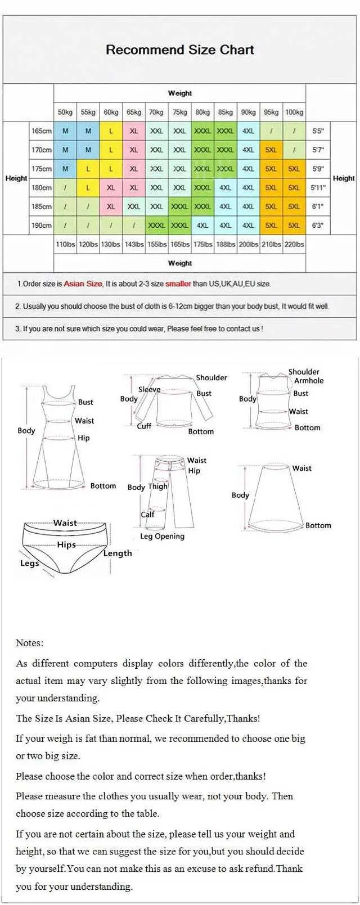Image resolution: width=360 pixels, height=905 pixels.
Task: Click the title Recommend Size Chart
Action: point(180,49)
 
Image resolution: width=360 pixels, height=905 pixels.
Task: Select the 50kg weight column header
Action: point(65,112)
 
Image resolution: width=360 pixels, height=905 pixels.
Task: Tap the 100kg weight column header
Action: point(294,112)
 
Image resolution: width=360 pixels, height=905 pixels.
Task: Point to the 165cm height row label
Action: point(42,131)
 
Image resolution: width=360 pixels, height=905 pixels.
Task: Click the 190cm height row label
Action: point(42,226)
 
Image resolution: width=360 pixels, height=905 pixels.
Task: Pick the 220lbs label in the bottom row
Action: point(294,244)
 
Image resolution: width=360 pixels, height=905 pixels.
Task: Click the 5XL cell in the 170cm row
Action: point(271,150)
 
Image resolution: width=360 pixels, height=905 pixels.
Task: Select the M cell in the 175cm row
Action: point(65,169)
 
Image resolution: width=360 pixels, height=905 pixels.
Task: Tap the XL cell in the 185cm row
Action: point(111,206)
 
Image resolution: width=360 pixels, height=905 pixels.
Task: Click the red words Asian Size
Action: point(83,283)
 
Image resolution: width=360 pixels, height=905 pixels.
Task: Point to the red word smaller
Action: point(178,283)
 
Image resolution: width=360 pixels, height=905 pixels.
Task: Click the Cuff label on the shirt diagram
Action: point(144,426)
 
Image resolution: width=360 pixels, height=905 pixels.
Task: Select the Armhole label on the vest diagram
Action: point(309,381)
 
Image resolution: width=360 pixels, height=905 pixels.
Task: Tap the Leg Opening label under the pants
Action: point(162,536)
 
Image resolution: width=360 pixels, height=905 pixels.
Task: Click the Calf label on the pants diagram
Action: point(147,514)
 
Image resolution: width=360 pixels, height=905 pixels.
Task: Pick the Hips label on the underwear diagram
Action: point(66,544)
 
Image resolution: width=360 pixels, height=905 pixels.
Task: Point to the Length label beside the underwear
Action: point(118,553)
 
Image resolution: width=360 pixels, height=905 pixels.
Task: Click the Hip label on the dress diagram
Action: point(83,438)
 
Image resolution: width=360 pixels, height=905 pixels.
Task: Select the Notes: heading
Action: point(29,643)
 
